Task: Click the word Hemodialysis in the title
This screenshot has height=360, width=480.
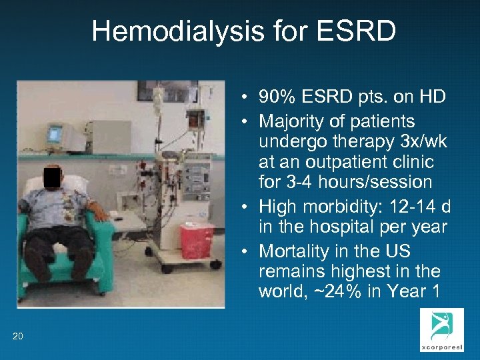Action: click(x=167, y=31)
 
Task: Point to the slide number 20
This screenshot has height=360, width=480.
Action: click(x=18, y=336)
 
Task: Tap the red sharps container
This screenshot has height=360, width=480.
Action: click(x=196, y=241)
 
